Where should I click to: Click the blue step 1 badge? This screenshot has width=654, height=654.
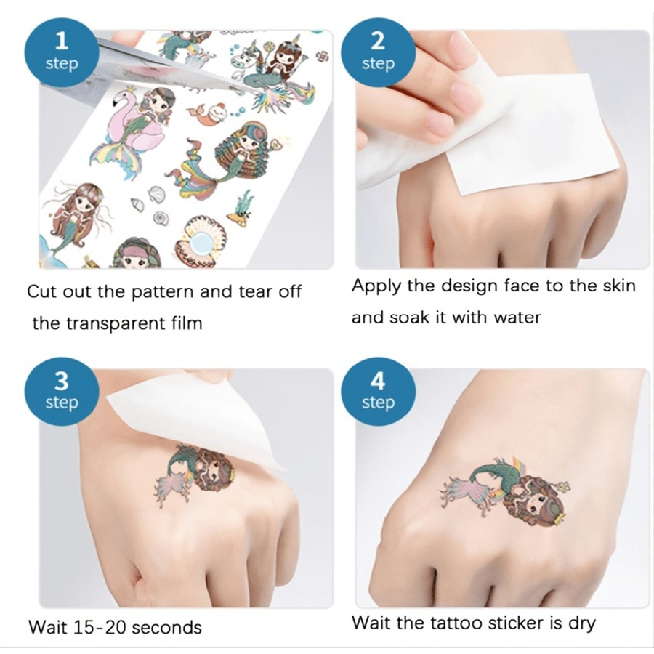(61, 52)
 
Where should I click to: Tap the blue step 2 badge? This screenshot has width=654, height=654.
(378, 52)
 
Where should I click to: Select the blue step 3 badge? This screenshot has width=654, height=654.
(61, 391)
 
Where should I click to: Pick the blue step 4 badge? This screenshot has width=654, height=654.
(378, 391)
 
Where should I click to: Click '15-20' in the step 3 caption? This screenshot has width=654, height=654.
(98, 626)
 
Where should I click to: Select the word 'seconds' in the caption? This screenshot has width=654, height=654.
(166, 626)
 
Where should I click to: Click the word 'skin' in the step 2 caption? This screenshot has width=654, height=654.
(618, 286)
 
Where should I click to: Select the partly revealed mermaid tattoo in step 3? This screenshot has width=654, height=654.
(196, 472)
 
